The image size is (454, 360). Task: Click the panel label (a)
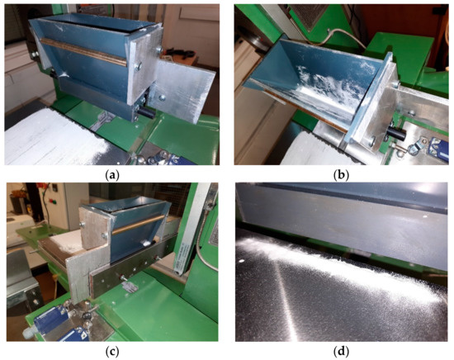[114, 176]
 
